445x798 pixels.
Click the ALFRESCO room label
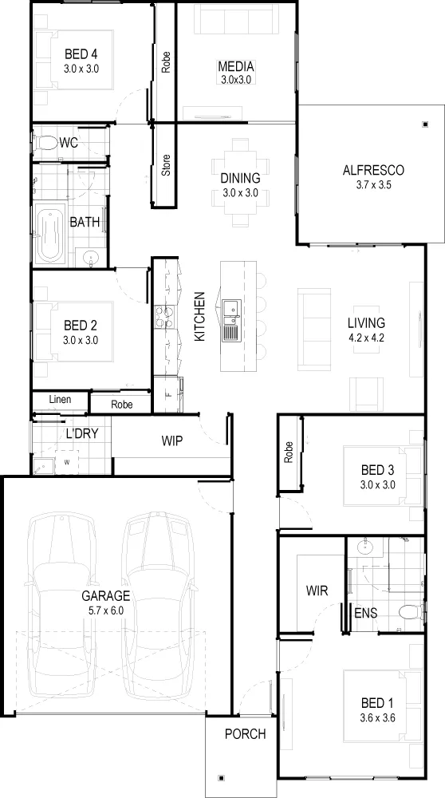click(x=372, y=170)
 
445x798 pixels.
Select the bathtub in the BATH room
click(x=49, y=235)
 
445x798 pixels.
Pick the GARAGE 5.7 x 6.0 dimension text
click(x=106, y=610)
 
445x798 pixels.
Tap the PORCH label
click(x=245, y=734)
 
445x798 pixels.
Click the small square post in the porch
click(x=221, y=777)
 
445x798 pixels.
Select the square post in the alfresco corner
click(x=425, y=124)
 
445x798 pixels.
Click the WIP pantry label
click(x=172, y=440)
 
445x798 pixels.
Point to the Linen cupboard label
click(x=60, y=400)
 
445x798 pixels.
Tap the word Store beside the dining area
click(x=166, y=165)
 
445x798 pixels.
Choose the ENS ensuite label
click(x=366, y=613)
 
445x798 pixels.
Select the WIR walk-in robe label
click(x=317, y=591)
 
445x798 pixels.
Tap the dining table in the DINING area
click(x=240, y=182)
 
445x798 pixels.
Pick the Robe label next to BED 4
click(x=166, y=62)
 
